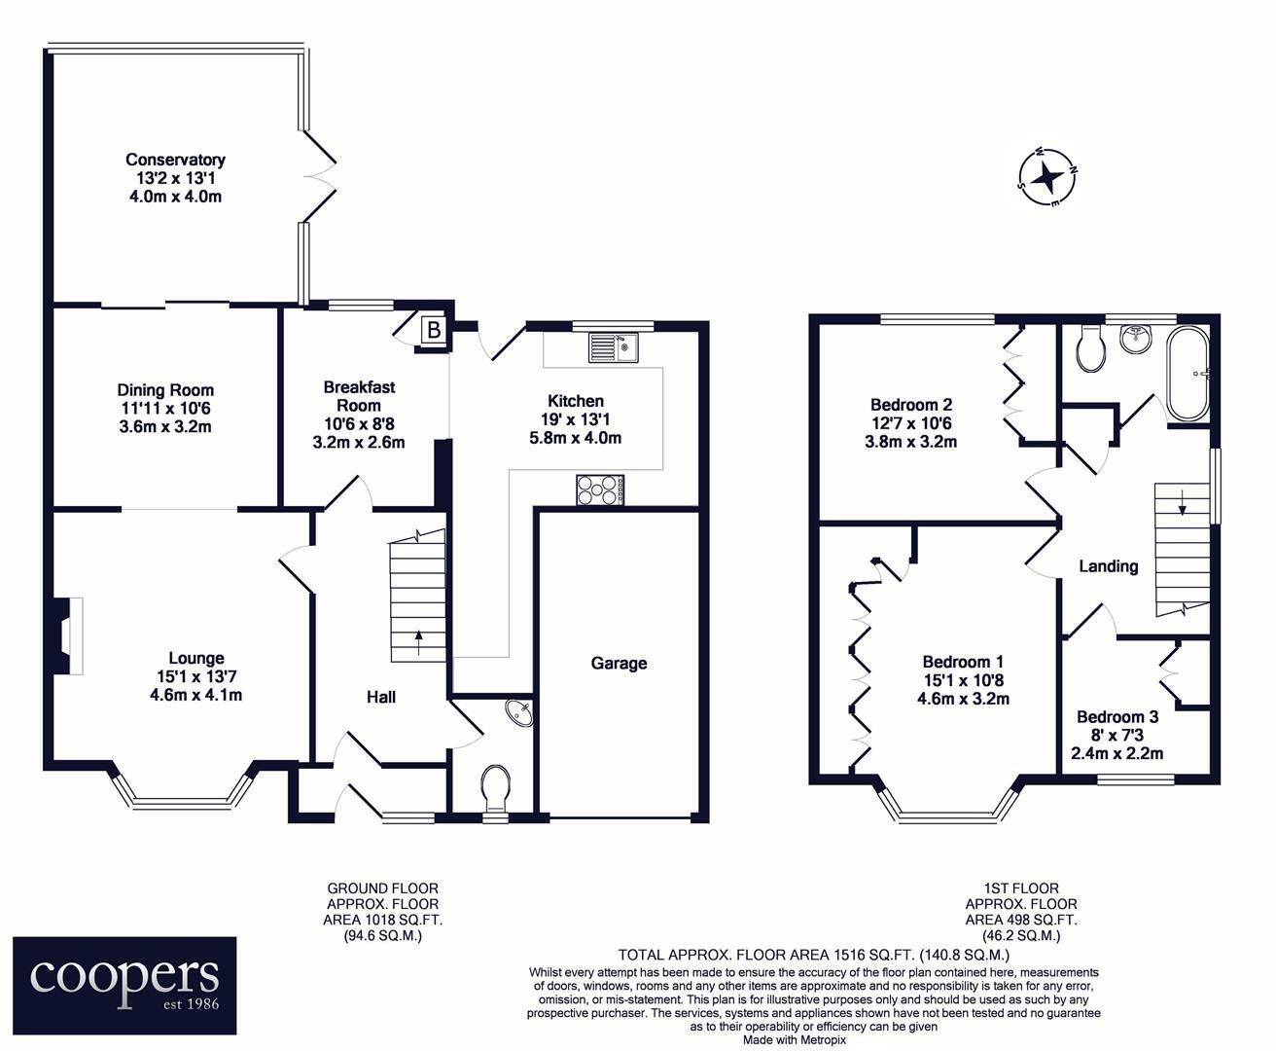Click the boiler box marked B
[434, 331]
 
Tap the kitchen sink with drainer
[613, 348]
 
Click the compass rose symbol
[1048, 178]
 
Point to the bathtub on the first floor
[1188, 374]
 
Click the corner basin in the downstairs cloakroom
[519, 712]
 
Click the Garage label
[619, 664]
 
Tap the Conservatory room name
[175, 160]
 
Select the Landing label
[1109, 566]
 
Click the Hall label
[381, 698]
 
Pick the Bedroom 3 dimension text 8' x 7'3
[1117, 736]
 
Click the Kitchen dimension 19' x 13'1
[576, 419]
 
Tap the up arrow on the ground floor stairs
[418, 643]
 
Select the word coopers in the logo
[124, 976]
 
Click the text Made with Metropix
[795, 1040]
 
